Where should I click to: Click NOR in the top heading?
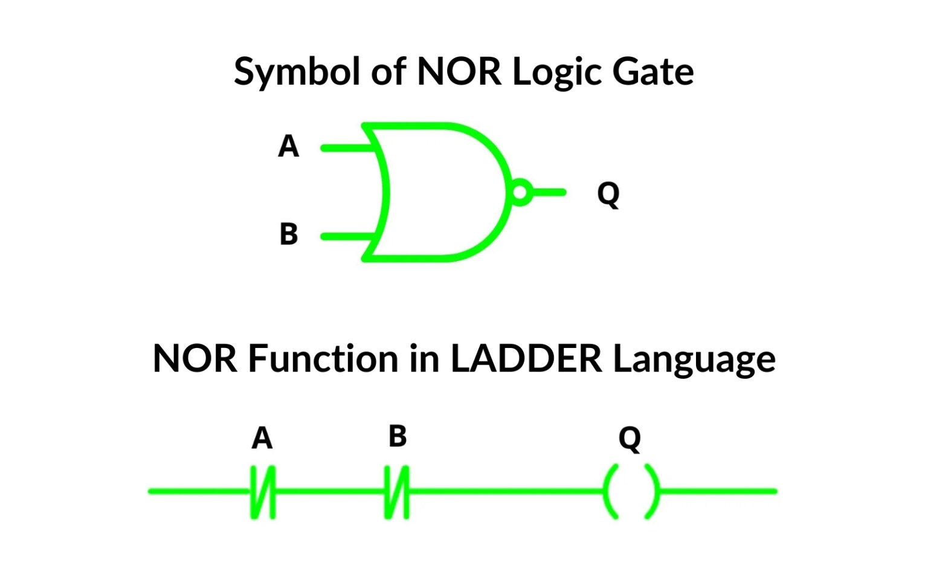point(459,71)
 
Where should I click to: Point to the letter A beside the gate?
point(289,146)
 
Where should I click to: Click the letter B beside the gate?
point(289,234)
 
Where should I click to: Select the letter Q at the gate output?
point(608,194)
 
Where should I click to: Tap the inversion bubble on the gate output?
point(520,193)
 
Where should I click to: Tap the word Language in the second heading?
point(694,359)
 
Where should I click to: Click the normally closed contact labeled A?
point(263,491)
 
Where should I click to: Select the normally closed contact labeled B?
point(397,491)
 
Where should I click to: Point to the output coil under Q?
point(631,491)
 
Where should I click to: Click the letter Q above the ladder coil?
point(630,439)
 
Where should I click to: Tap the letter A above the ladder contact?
point(262,439)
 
